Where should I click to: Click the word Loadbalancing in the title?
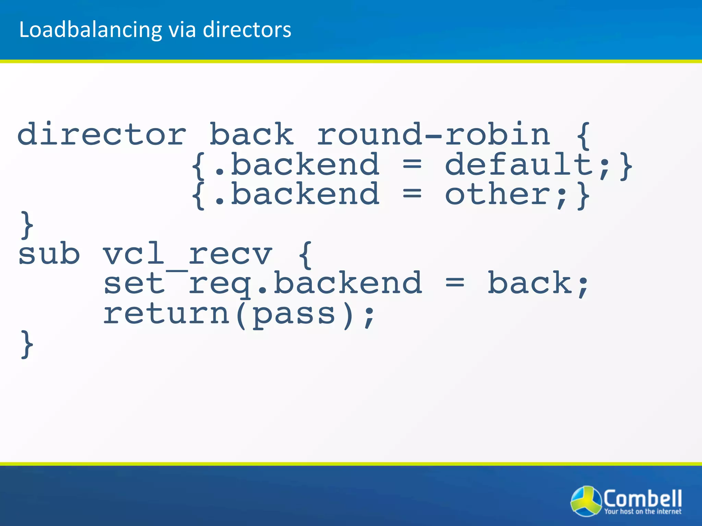tap(90, 30)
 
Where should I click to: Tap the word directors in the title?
tap(247, 29)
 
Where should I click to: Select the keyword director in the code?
tap(102, 134)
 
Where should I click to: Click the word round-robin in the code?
tap(433, 134)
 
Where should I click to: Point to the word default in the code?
tap(518, 165)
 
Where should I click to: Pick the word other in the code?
tap(497, 195)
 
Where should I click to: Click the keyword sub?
tap(49, 254)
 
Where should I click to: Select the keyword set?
tap(134, 284)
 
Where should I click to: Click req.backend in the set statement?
tap(305, 284)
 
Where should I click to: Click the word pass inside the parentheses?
tap(294, 314)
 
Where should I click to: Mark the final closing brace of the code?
tap(27, 344)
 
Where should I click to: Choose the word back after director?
tap(251, 134)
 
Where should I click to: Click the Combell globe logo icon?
tap(586, 501)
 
